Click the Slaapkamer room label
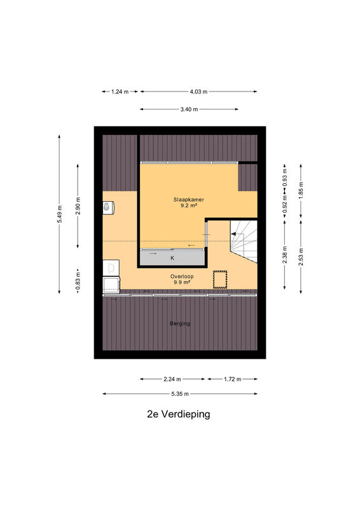189,200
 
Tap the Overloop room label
182,277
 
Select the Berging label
180,323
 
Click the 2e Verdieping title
179,414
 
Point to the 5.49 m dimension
59,214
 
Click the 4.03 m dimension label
198,92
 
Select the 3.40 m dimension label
190,109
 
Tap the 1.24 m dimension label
120,92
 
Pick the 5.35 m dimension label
180,394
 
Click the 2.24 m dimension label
172,379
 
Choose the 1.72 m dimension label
232,379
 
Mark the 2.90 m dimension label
78,206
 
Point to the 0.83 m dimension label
78,281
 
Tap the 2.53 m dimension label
301,257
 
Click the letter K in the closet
172,258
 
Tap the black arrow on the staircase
237,234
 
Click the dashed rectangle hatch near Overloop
220,279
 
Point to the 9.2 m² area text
189,206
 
